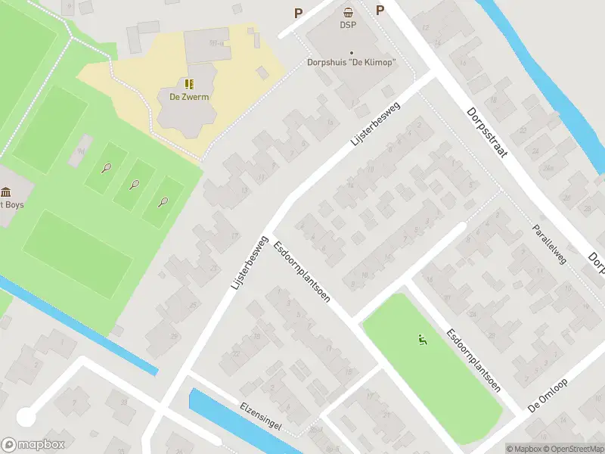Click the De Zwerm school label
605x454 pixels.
pos(184,97)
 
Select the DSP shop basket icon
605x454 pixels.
pos(348,11)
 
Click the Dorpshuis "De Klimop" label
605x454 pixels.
pos(352,63)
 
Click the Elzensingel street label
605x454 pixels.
pos(260,416)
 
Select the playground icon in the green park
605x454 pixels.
pos(421,340)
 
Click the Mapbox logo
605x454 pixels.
pos(33,444)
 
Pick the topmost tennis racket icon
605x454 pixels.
pos(107,168)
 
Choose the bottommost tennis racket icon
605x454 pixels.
pos(163,201)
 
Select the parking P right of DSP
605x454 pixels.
pos(380,10)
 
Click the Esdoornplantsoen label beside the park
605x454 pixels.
pos(473,359)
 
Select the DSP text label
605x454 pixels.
pos(348,25)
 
